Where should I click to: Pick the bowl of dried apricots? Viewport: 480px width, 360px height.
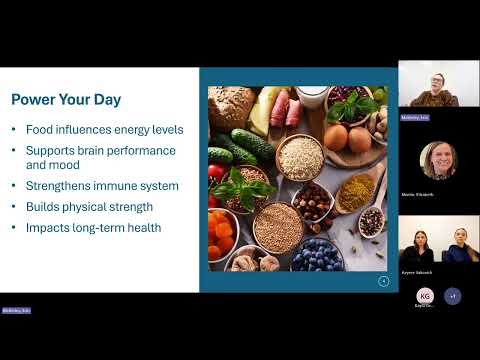click(222, 238)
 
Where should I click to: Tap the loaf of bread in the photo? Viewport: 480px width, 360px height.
click(232, 108)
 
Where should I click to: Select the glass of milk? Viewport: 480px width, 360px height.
click(312, 96)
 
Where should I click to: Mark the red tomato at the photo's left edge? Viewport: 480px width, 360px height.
click(215, 173)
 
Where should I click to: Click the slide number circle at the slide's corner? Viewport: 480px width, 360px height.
click(383, 281)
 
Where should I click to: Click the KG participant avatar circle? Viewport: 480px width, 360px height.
click(424, 296)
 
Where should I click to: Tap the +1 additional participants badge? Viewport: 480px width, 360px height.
click(452, 296)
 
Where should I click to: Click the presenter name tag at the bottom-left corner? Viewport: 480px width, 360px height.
click(17, 311)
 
